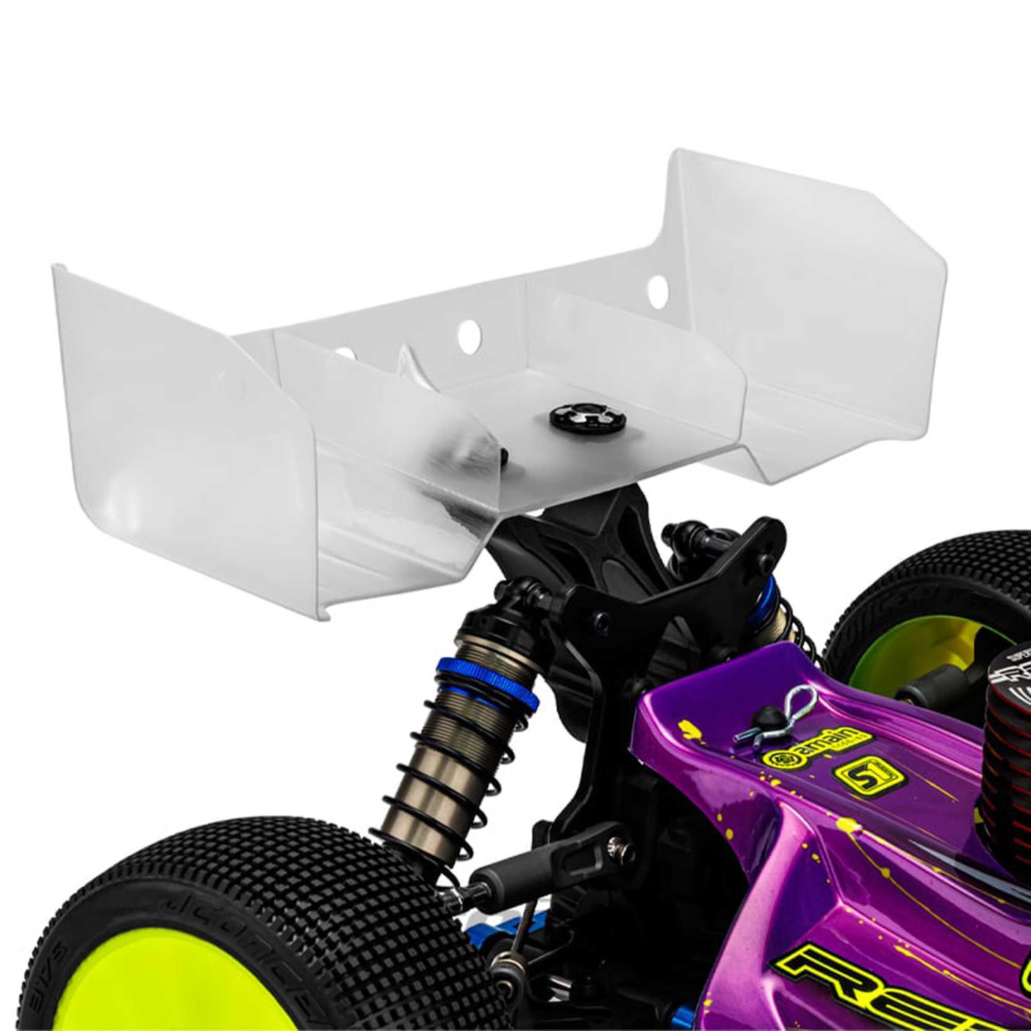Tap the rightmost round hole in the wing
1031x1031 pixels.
(x=658, y=288)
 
